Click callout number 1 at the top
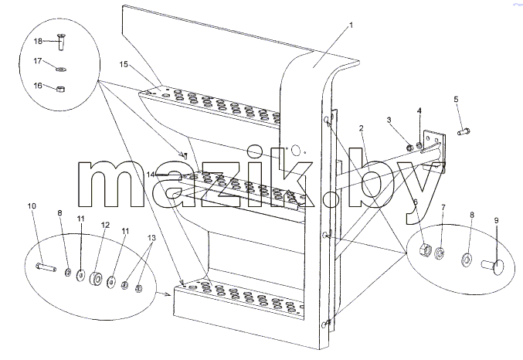[x=351, y=25]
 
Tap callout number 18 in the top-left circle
[x=38, y=41]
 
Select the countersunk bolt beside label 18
[x=61, y=42]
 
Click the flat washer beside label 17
[x=61, y=69]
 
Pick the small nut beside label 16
[x=60, y=89]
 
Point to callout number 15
[x=124, y=64]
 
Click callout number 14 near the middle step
[x=151, y=174]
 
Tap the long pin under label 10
[x=46, y=267]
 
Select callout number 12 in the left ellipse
[x=105, y=226]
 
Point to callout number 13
[x=151, y=238]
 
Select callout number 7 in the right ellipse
[x=443, y=207]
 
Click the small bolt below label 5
[x=464, y=132]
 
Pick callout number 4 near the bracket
[x=419, y=110]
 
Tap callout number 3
[x=389, y=120]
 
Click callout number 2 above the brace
[x=361, y=128]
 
